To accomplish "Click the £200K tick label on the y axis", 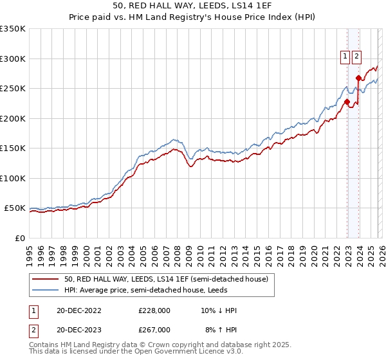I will point(13,118).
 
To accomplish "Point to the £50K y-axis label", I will point(15,208).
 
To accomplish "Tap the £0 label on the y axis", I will point(20,239).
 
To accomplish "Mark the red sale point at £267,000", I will point(358,78).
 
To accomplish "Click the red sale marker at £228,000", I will point(347,102).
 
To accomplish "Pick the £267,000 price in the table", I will point(154,329).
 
